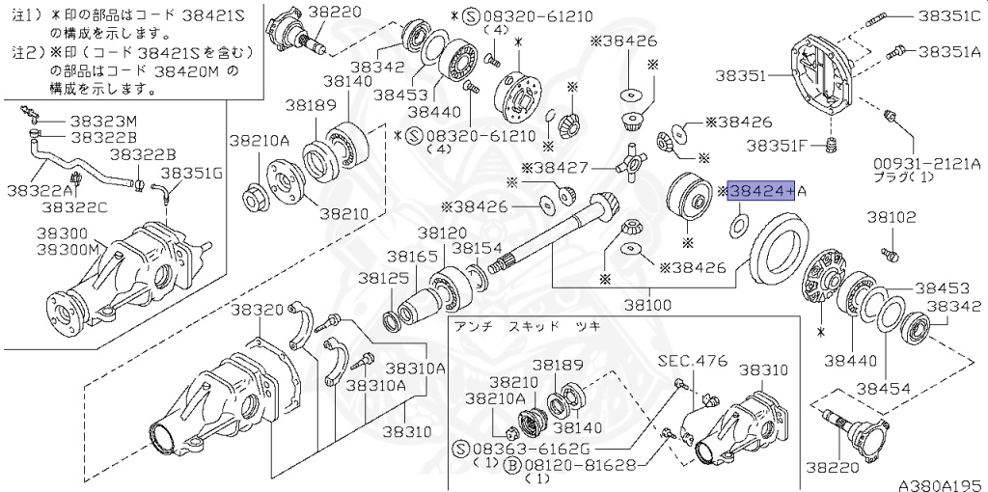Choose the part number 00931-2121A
click(924, 166)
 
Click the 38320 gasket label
click(258, 309)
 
